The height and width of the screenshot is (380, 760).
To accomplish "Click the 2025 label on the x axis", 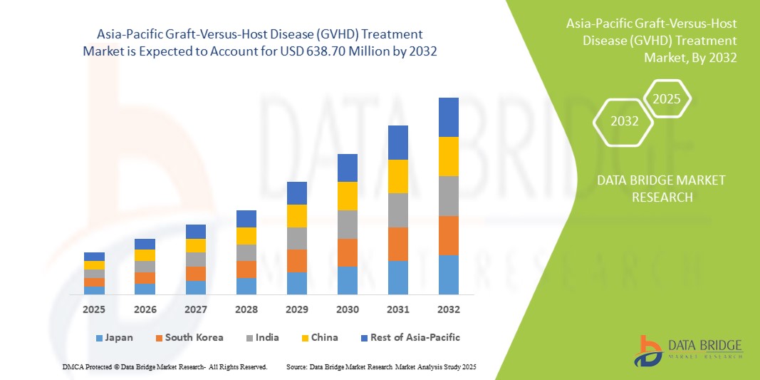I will [x=94, y=309].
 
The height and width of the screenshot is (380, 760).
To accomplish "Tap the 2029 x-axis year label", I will [x=296, y=309].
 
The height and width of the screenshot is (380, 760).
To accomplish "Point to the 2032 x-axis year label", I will [x=449, y=309].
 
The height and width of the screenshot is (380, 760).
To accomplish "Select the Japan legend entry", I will [x=114, y=337].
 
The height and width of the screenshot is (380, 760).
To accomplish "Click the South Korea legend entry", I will [x=189, y=337].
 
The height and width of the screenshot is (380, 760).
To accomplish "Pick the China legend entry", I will [x=318, y=337].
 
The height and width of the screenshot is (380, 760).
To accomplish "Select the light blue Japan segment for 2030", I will [x=347, y=280].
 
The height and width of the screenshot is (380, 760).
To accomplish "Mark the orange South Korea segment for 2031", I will [x=398, y=244].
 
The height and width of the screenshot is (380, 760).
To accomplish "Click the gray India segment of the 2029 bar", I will [x=296, y=238].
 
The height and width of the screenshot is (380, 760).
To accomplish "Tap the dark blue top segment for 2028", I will [x=246, y=218].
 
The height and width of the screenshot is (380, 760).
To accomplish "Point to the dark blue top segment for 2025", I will [x=94, y=256].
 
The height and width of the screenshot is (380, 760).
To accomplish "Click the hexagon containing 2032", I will [x=624, y=121].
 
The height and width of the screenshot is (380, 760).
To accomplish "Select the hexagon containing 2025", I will [x=667, y=99].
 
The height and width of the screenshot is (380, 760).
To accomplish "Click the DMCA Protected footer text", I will [x=164, y=366].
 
